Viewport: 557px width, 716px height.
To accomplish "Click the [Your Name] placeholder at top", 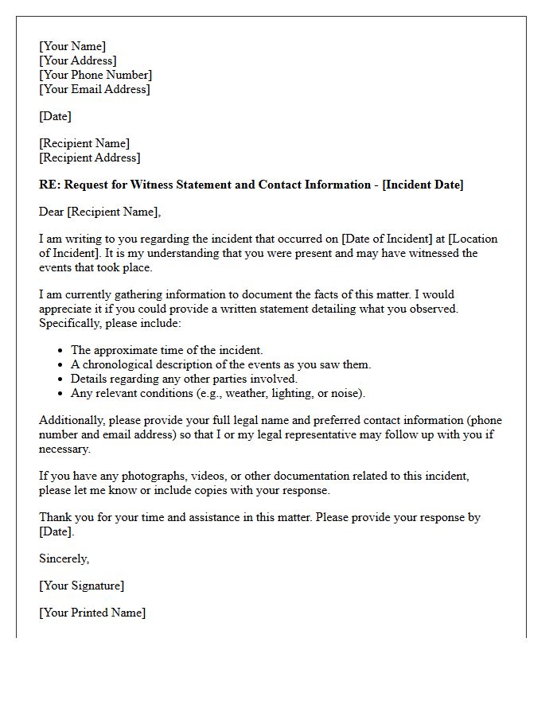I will tap(72, 46).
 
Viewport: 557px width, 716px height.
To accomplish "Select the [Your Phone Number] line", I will tap(95, 75).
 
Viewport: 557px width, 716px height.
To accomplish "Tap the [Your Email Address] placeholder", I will tap(95, 89).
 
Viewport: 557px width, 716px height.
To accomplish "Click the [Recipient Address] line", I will tap(90, 158).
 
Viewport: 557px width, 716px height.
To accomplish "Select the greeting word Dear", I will tap(52, 212).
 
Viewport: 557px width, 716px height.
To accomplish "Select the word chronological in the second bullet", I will tap(117, 364).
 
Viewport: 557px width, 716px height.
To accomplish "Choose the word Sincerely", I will tap(64, 558).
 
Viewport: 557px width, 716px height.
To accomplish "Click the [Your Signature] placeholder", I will tap(82, 586).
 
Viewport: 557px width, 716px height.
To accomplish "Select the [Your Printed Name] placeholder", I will tap(92, 613).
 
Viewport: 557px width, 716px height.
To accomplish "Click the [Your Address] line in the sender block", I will tap(78, 60).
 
